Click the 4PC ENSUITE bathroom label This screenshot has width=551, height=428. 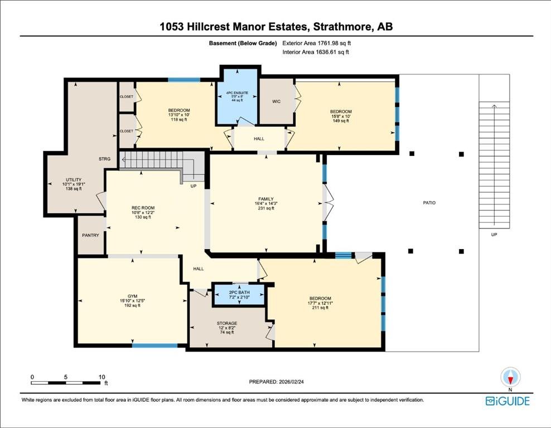[x=237, y=93]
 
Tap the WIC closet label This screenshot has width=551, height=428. [x=277, y=101]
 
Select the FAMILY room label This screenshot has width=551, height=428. [x=266, y=199]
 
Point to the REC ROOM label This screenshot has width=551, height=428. [x=143, y=208]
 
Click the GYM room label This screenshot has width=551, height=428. [x=133, y=296]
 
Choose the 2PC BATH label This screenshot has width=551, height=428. [x=239, y=293]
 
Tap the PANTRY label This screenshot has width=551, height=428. [x=91, y=235]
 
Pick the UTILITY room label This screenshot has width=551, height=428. [x=74, y=180]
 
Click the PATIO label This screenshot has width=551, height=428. [x=429, y=203]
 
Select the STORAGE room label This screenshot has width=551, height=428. [x=227, y=323]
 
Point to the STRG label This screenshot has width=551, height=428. [x=105, y=159]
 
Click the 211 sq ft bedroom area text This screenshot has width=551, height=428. [x=321, y=308]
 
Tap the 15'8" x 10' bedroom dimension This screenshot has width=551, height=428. [x=341, y=116]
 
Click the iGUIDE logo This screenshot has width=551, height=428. [x=507, y=401]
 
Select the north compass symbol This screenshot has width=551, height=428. [x=510, y=378]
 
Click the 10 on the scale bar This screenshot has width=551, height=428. [x=101, y=377]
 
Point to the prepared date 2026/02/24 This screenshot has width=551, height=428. [x=291, y=382]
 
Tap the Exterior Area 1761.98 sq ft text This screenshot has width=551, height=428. [x=317, y=43]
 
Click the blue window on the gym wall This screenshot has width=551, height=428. [x=154, y=346]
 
